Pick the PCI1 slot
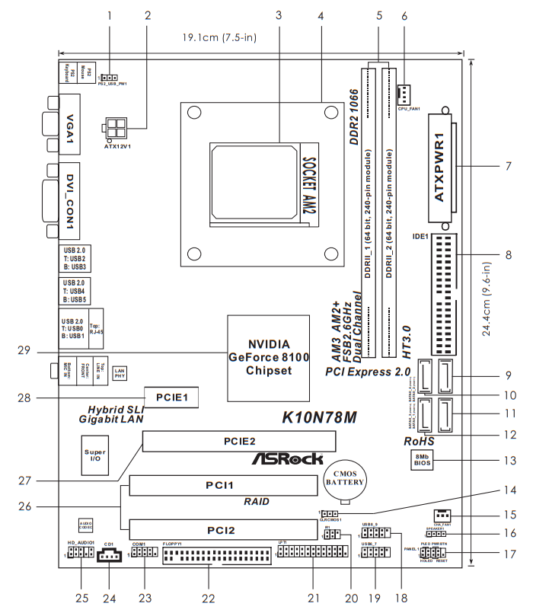click(223, 485)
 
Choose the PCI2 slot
click(223, 528)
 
